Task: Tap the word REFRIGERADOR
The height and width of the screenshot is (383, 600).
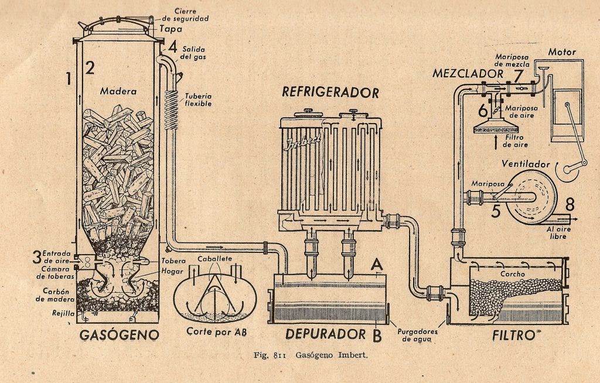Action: click(330, 92)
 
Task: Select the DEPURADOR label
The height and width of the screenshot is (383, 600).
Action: click(325, 334)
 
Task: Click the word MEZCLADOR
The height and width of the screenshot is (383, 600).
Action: click(467, 74)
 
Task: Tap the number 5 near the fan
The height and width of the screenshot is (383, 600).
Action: click(496, 209)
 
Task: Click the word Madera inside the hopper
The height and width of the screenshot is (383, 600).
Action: click(118, 91)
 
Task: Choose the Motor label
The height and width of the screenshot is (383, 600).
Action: click(562, 53)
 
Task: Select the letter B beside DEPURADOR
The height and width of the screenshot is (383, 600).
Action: click(377, 335)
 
